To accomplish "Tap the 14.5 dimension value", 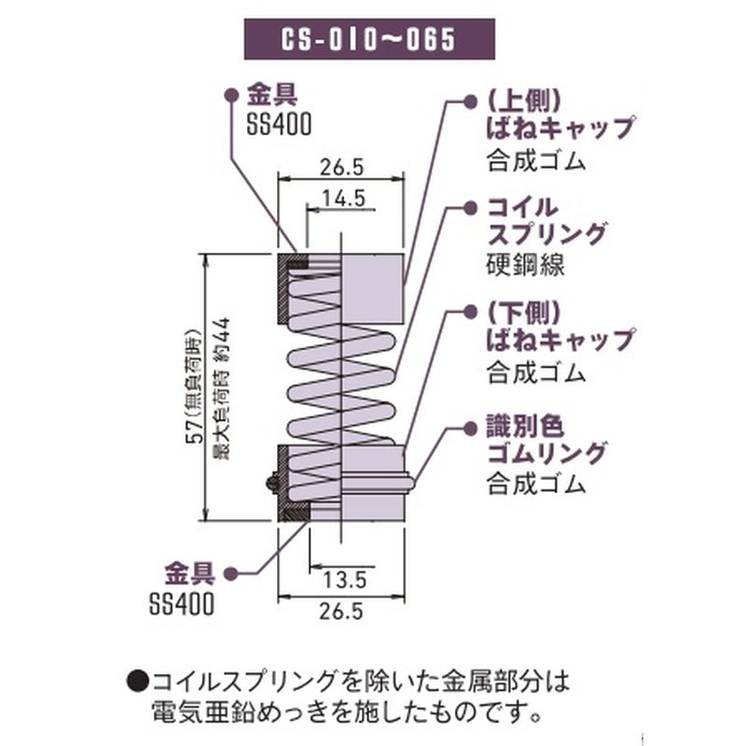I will tap(342, 199).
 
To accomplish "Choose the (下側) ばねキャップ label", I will tap(558, 326).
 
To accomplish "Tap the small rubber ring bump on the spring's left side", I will tap(271, 482).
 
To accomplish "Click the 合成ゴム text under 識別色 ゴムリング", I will tap(535, 484).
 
